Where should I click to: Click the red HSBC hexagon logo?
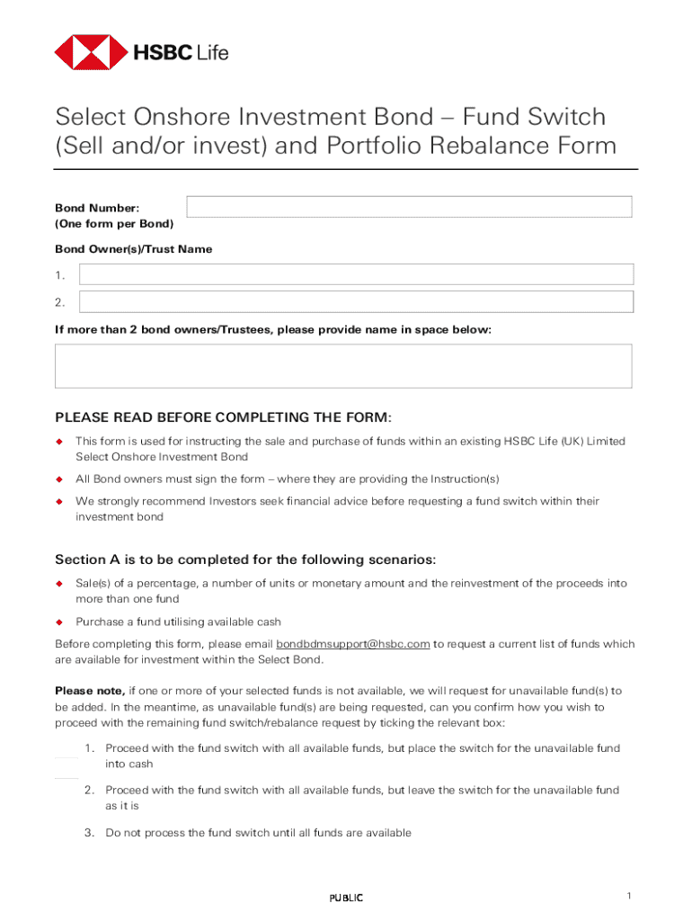(91, 52)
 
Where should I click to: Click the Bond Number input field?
(409, 207)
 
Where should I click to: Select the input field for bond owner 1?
(356, 274)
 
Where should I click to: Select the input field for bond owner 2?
(356, 301)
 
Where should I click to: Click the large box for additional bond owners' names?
(343, 366)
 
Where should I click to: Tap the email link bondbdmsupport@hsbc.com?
(352, 644)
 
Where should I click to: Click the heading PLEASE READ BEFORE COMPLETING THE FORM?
(224, 417)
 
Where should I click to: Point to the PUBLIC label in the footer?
(346, 898)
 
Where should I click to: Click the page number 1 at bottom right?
(631, 896)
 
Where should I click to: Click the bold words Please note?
(89, 691)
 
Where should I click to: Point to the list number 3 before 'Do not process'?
(90, 833)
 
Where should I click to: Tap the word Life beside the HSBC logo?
(212, 53)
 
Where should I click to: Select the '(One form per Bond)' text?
(114, 223)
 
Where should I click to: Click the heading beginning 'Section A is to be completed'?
(245, 559)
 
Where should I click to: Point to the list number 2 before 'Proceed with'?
(90, 791)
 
